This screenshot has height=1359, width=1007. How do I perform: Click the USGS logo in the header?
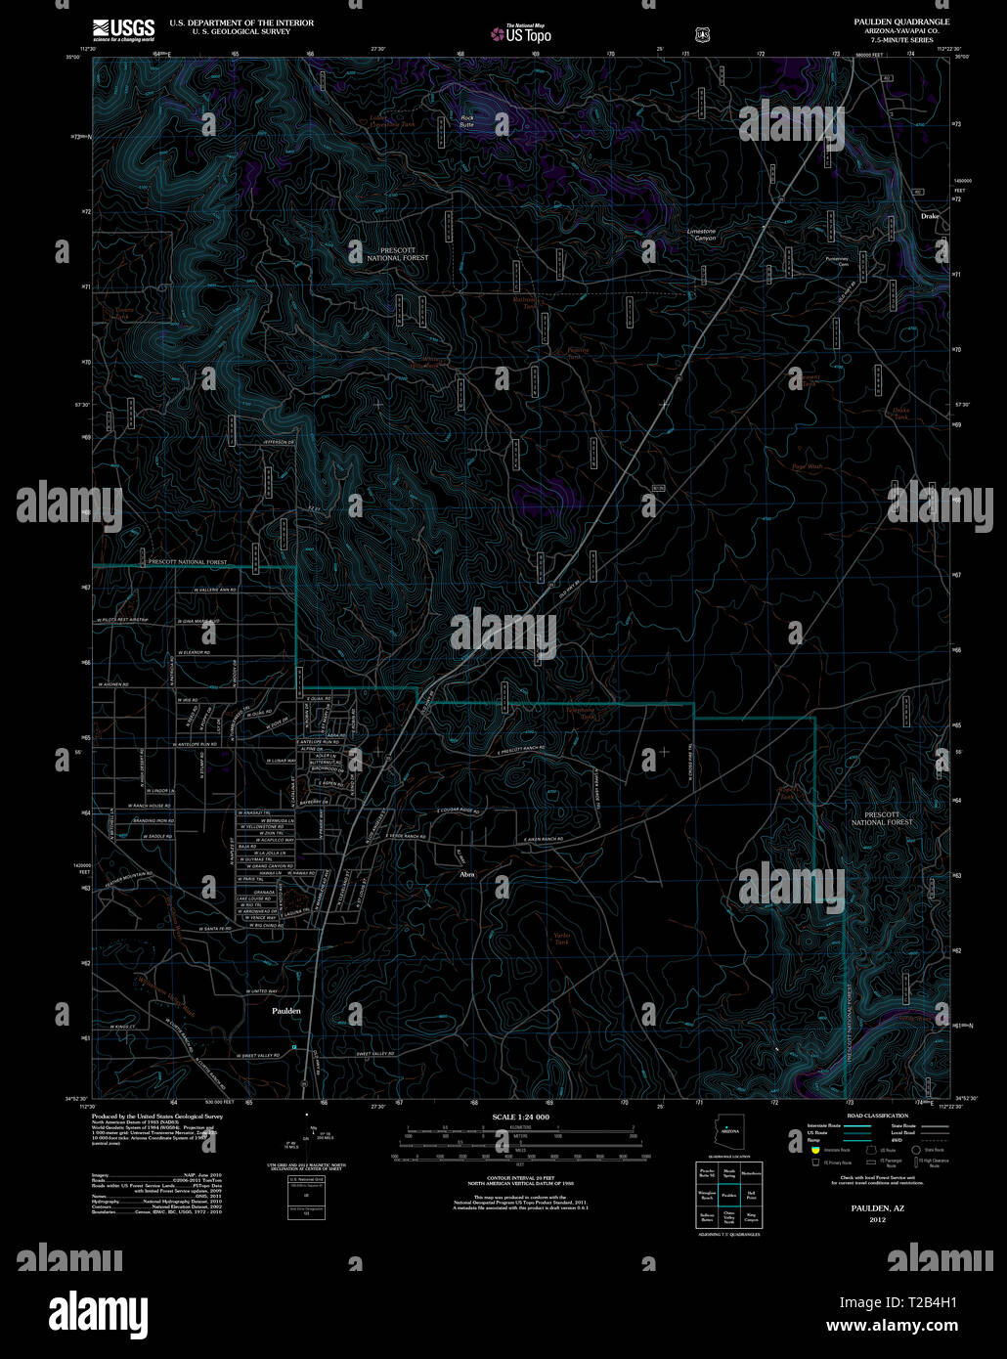pyautogui.click(x=123, y=29)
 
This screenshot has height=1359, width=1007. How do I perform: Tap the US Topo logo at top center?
pyautogui.click(x=522, y=33)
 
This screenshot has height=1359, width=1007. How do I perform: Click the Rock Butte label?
pyautogui.click(x=467, y=121)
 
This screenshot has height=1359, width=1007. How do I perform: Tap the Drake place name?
pyautogui.click(x=929, y=215)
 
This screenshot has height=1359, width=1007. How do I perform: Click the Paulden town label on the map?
pyautogui.click(x=285, y=1011)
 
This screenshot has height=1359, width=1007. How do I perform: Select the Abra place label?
pyautogui.click(x=467, y=873)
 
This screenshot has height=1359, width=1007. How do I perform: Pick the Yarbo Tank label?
pyautogui.click(x=561, y=938)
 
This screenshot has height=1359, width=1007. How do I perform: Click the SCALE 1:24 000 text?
pyautogui.click(x=521, y=1117)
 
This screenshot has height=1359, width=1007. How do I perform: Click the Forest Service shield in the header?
pyautogui.click(x=700, y=33)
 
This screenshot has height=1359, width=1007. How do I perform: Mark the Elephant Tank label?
pyautogui.click(x=583, y=714)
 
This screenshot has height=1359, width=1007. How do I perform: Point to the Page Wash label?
pyautogui.click(x=807, y=466)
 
